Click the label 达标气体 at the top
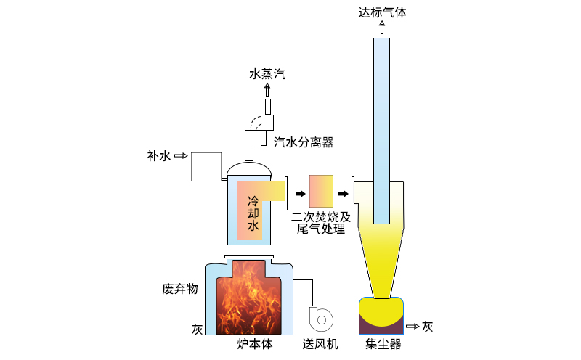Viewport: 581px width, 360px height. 383,12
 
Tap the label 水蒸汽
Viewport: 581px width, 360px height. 267,73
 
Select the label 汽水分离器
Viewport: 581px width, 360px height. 304,142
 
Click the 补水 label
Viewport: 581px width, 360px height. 158,155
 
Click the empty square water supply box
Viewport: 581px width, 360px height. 206,166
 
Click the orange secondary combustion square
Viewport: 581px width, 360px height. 321,191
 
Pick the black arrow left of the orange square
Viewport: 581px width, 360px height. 299,193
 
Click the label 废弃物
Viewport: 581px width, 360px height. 179,289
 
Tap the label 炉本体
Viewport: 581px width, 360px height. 255,344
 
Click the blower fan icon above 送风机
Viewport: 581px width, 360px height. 320,318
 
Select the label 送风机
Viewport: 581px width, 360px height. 320,344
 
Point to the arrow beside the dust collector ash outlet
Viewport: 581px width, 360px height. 413,327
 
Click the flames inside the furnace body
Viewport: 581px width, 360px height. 249,301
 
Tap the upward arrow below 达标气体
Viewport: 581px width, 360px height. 383,28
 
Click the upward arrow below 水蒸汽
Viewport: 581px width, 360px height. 267,89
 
